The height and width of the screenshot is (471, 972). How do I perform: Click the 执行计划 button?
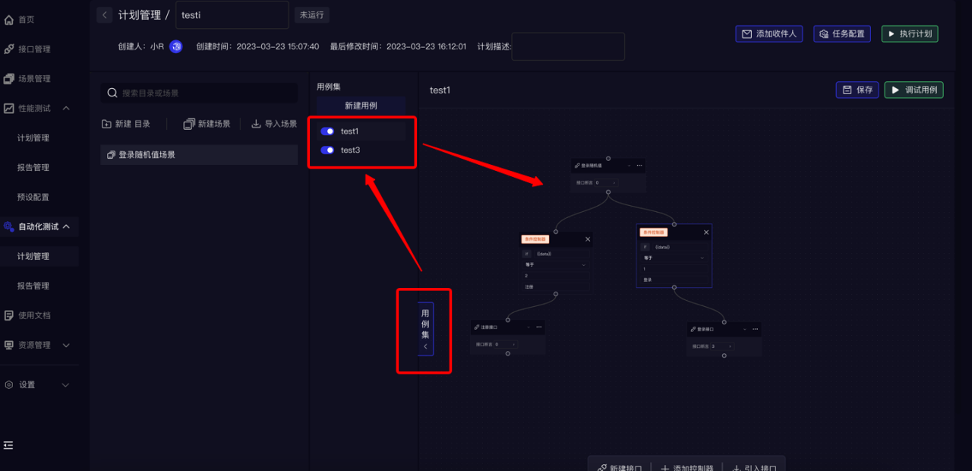[x=910, y=34]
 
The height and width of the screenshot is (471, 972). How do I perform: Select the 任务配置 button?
[x=842, y=34]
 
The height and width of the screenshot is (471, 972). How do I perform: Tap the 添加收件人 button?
[x=769, y=34]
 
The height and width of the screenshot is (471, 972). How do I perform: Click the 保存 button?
[x=857, y=90]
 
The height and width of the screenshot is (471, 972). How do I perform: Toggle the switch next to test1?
[x=327, y=131]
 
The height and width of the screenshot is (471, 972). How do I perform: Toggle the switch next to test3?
[x=327, y=150]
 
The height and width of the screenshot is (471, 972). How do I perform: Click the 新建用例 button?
[x=361, y=106]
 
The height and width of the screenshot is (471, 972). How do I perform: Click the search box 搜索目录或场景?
[x=199, y=93]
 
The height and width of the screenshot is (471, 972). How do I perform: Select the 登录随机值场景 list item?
[x=199, y=155]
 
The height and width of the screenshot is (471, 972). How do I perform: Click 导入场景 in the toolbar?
[x=274, y=124]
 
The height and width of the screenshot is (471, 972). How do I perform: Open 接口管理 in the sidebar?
[x=34, y=49]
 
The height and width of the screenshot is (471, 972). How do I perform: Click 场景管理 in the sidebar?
[x=34, y=79]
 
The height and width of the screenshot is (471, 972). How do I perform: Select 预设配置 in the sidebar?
[x=33, y=198]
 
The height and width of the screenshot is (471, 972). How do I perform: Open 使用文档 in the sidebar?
[x=34, y=315]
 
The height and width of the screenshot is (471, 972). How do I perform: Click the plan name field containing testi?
[x=232, y=15]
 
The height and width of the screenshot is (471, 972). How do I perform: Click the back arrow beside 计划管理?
[x=104, y=15]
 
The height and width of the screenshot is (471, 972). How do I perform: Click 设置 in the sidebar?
[x=27, y=385]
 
